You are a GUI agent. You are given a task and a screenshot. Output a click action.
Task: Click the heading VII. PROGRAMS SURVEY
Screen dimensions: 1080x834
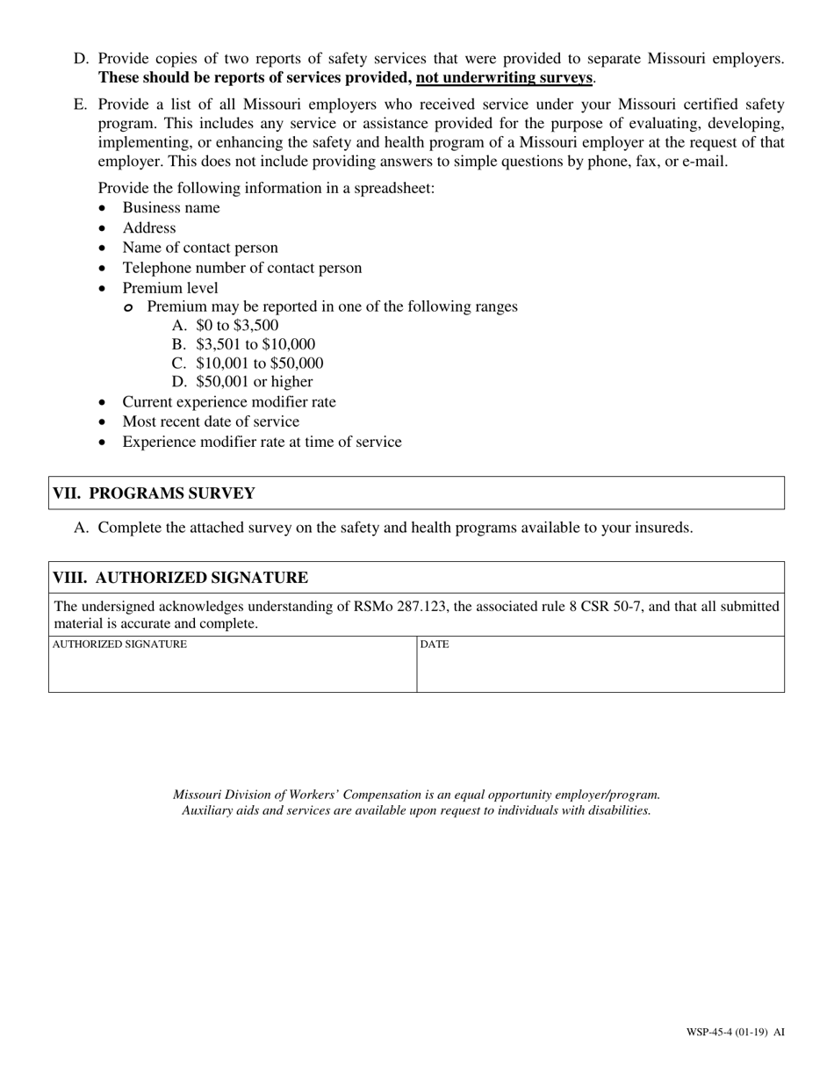pyautogui.click(x=154, y=493)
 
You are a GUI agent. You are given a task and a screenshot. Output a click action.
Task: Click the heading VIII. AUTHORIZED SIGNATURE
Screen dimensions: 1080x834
pyautogui.click(x=180, y=578)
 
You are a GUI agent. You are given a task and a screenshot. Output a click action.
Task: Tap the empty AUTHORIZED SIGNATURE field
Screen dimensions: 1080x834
pyautogui.click(x=232, y=671)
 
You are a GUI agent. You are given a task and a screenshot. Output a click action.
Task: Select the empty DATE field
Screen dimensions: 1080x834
pyautogui.click(x=600, y=671)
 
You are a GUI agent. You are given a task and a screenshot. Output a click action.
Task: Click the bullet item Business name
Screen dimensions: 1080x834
pyautogui.click(x=171, y=208)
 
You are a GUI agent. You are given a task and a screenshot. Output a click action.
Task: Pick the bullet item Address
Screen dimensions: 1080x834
pyautogui.click(x=149, y=228)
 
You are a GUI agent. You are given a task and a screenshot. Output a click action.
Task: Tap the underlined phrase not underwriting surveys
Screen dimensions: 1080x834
pyautogui.click(x=505, y=78)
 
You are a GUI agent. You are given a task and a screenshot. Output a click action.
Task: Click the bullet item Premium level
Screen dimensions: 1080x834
pyautogui.click(x=170, y=288)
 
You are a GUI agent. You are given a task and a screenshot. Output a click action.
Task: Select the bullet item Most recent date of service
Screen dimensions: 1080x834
pyautogui.click(x=211, y=421)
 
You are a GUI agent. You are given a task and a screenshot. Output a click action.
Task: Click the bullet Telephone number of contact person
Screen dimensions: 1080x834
pyautogui.click(x=241, y=268)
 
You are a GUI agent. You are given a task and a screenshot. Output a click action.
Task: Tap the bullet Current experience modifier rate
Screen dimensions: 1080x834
pyautogui.click(x=228, y=402)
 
